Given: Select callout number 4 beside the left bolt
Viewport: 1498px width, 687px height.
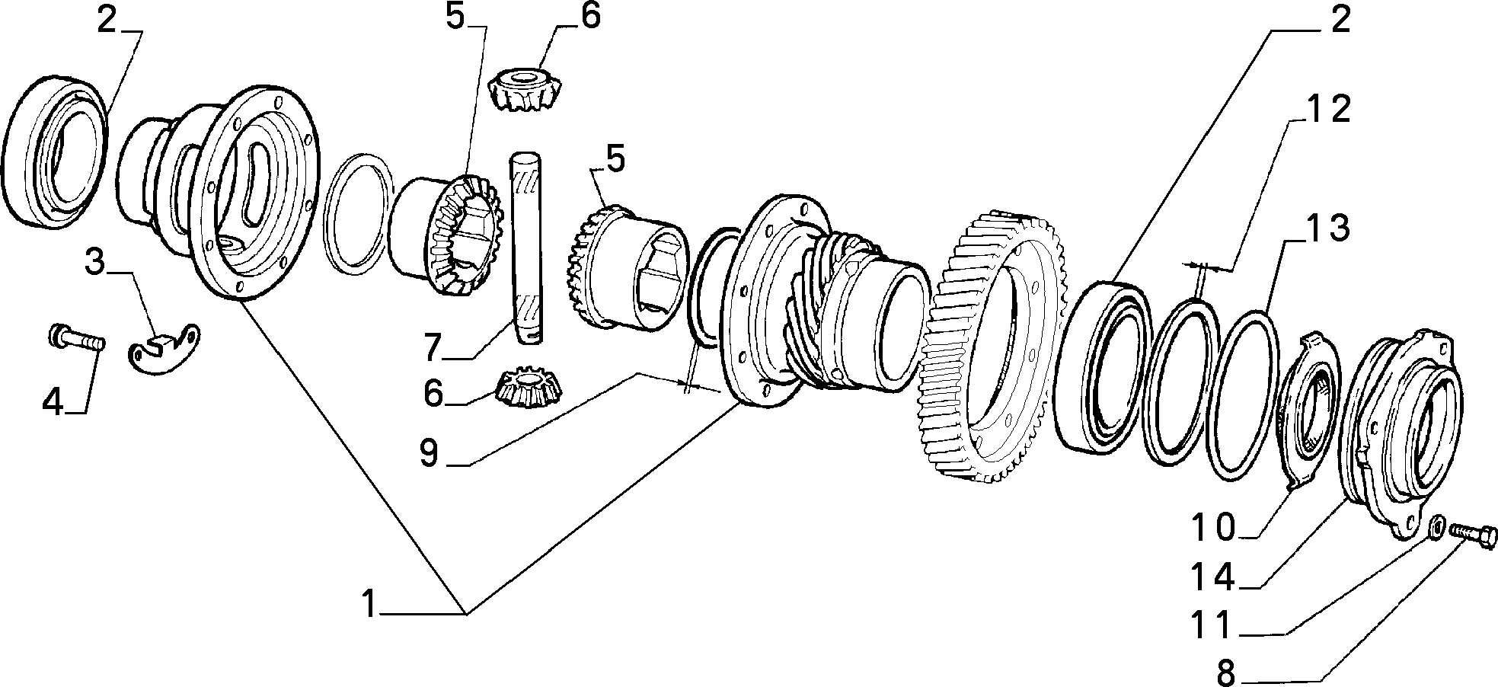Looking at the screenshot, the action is click(53, 401).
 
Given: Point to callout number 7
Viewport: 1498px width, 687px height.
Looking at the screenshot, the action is click(432, 347).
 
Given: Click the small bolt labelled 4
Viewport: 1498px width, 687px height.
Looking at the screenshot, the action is click(76, 339).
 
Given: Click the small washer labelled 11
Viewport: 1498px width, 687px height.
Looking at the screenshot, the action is click(1436, 547).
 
